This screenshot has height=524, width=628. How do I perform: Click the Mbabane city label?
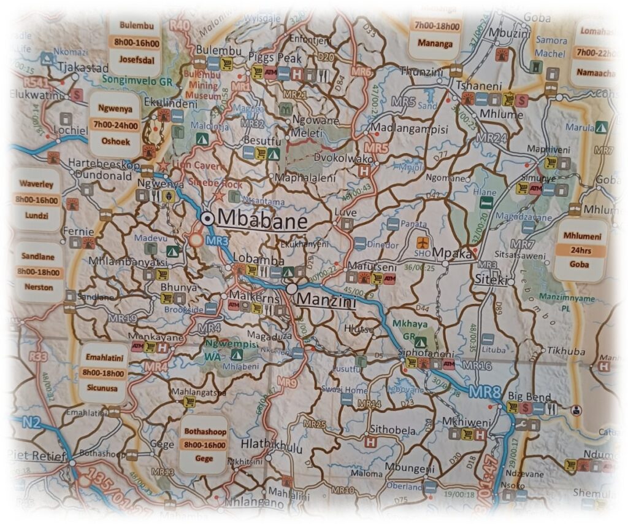click(x=262, y=219)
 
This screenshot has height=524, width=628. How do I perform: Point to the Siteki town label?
click(x=490, y=280)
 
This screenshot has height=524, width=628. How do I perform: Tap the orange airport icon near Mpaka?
click(x=422, y=243)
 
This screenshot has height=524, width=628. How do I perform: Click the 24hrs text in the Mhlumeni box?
click(x=579, y=251)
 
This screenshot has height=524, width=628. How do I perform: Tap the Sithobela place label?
click(x=392, y=431)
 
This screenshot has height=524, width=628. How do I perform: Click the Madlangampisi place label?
click(x=410, y=130)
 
